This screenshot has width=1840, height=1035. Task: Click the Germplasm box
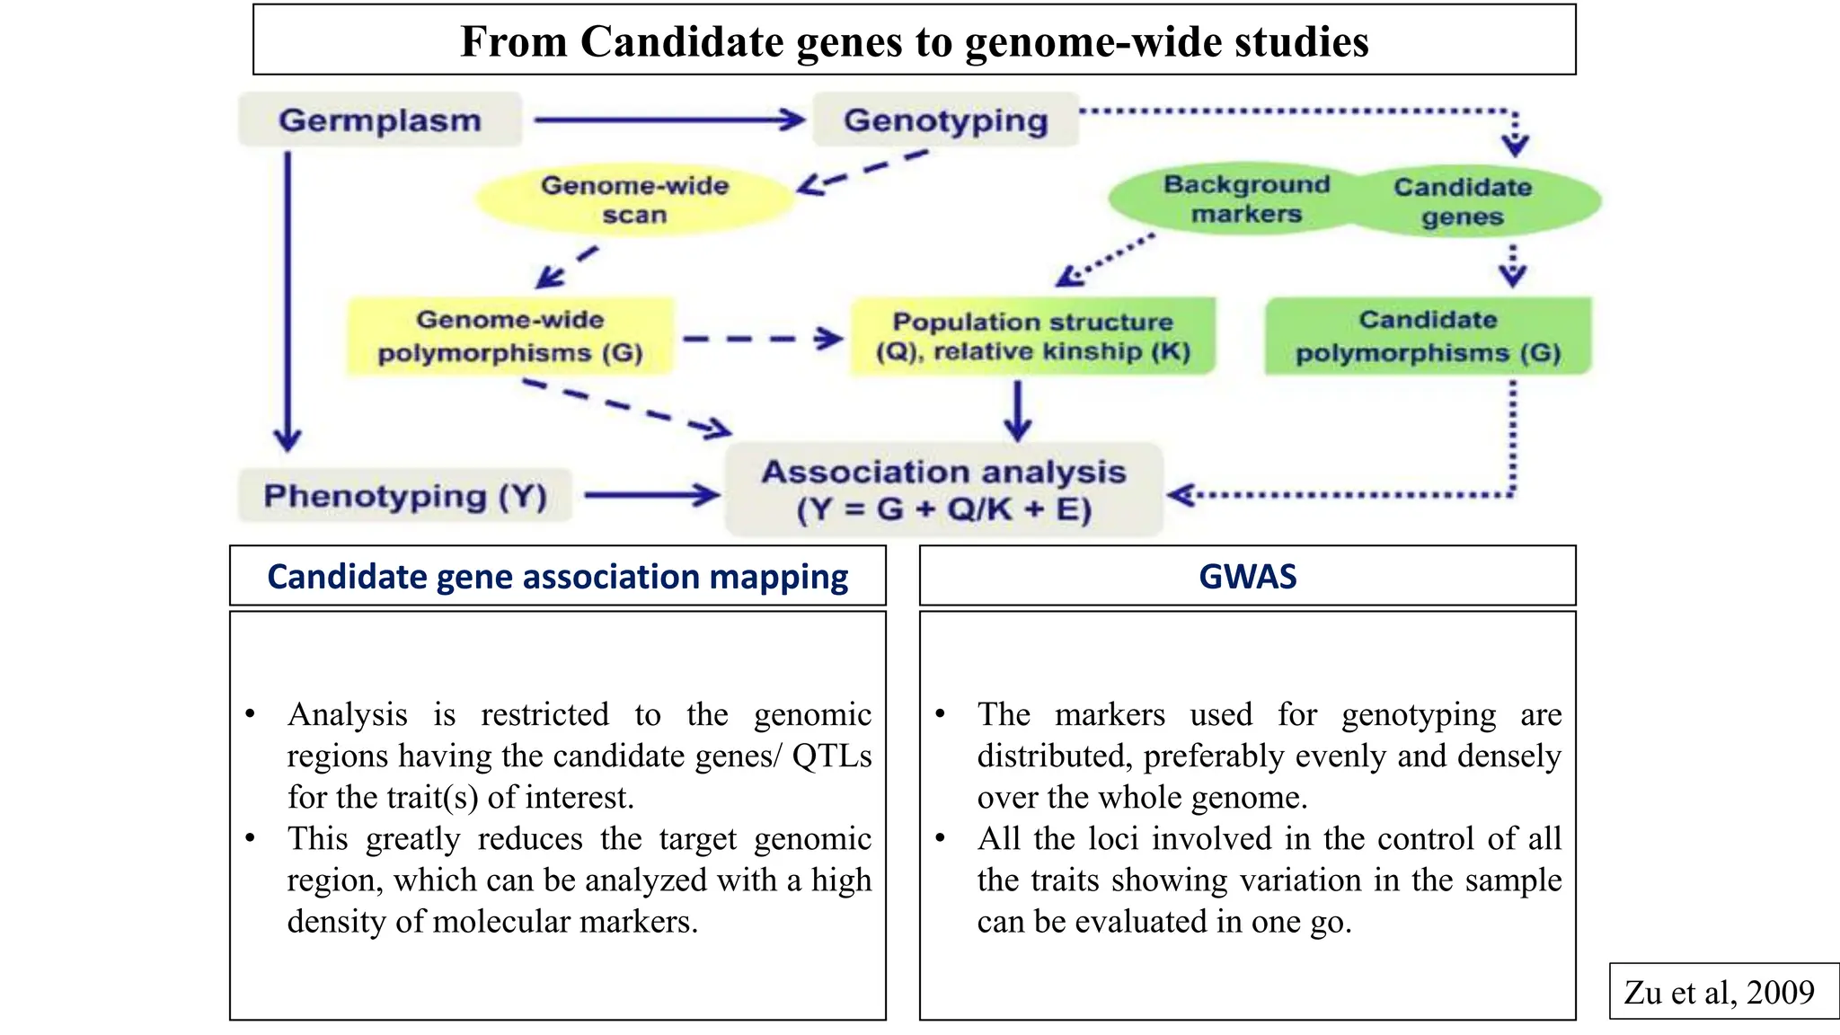coord(379,119)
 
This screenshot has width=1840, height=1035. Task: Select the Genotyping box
coord(945,119)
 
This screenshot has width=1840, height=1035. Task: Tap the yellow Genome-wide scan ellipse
coord(634,199)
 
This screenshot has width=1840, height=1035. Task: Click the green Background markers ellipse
coord(1245,199)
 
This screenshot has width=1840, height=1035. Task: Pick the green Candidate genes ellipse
coord(1463,201)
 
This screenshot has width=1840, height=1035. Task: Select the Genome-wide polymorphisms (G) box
coord(510,336)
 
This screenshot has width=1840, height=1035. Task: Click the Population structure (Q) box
coord(1033,336)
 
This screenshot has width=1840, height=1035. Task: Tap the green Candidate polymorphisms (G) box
coord(1428,336)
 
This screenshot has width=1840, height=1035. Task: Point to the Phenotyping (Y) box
coord(405,495)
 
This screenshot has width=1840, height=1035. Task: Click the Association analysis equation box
coord(943,490)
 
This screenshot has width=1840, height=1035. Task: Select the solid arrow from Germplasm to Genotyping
coord(669,119)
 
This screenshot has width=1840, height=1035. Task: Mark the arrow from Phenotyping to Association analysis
coord(651,494)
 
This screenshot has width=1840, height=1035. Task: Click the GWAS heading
coord(1247,576)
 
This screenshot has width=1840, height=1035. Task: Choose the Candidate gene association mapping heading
coord(557,576)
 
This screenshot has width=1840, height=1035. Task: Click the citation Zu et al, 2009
coord(1719,992)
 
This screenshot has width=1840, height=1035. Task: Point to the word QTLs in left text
coord(831,756)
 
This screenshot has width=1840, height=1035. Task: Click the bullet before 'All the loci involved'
coord(940,837)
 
